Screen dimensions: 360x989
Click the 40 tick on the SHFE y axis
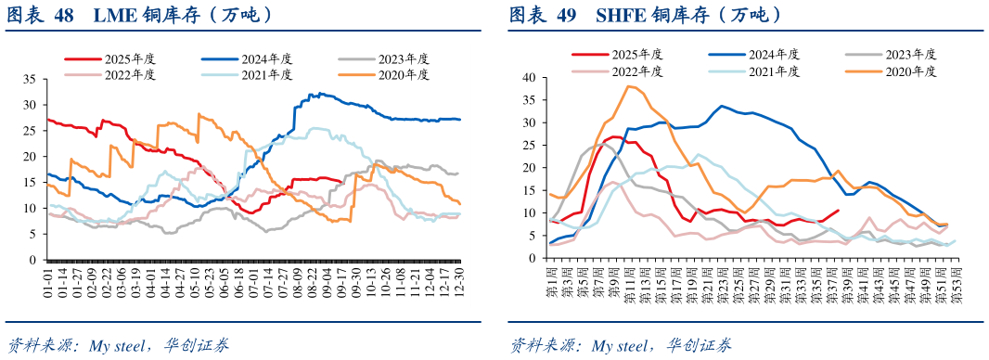[531, 78]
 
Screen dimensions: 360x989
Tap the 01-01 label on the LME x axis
[47, 282]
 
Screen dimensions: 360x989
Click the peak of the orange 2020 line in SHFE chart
[630, 86]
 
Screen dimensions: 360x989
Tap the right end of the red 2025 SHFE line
[839, 210]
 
